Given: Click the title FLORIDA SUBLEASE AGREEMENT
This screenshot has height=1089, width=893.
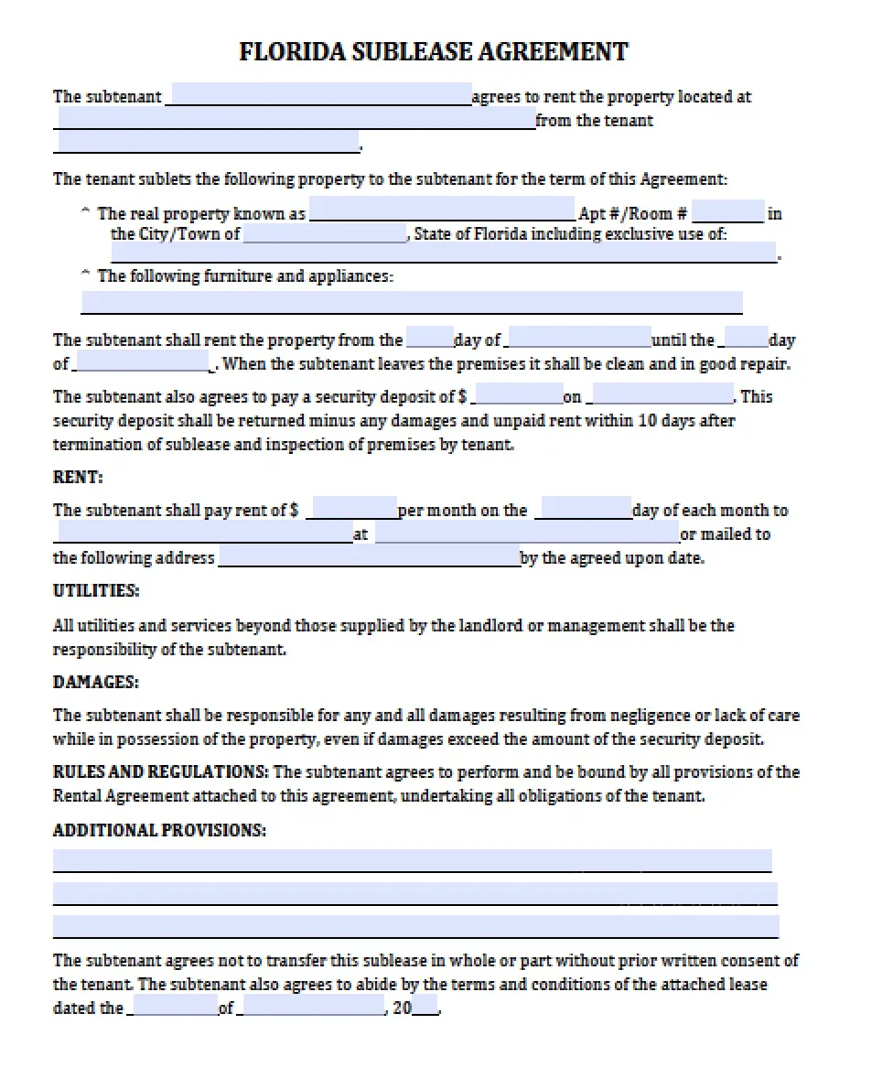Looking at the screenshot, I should (434, 51).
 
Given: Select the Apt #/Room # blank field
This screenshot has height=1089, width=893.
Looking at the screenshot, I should (728, 213).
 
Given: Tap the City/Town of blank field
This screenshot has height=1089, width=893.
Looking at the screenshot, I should (326, 234).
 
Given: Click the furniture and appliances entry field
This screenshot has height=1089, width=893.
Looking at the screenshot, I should (412, 303).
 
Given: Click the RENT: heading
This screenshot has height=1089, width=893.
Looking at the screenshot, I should (79, 477).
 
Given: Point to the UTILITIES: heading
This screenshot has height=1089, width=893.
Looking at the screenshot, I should (96, 590).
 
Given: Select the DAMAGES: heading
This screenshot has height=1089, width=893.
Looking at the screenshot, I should (96, 682).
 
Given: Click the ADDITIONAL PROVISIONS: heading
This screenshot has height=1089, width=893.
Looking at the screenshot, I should (160, 830).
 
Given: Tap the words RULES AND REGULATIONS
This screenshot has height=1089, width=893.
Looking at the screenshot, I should (160, 771).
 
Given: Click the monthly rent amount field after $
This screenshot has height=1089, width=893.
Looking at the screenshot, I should (352, 510).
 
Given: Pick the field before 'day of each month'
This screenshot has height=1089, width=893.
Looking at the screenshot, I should (585, 510).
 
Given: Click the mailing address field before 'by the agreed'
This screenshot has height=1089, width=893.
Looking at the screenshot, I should (369, 557).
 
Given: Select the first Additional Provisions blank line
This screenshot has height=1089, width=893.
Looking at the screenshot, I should (412, 861).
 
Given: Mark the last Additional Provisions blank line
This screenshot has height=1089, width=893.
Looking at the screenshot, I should (415, 927).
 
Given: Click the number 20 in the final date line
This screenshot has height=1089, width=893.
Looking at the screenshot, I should (403, 1008).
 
